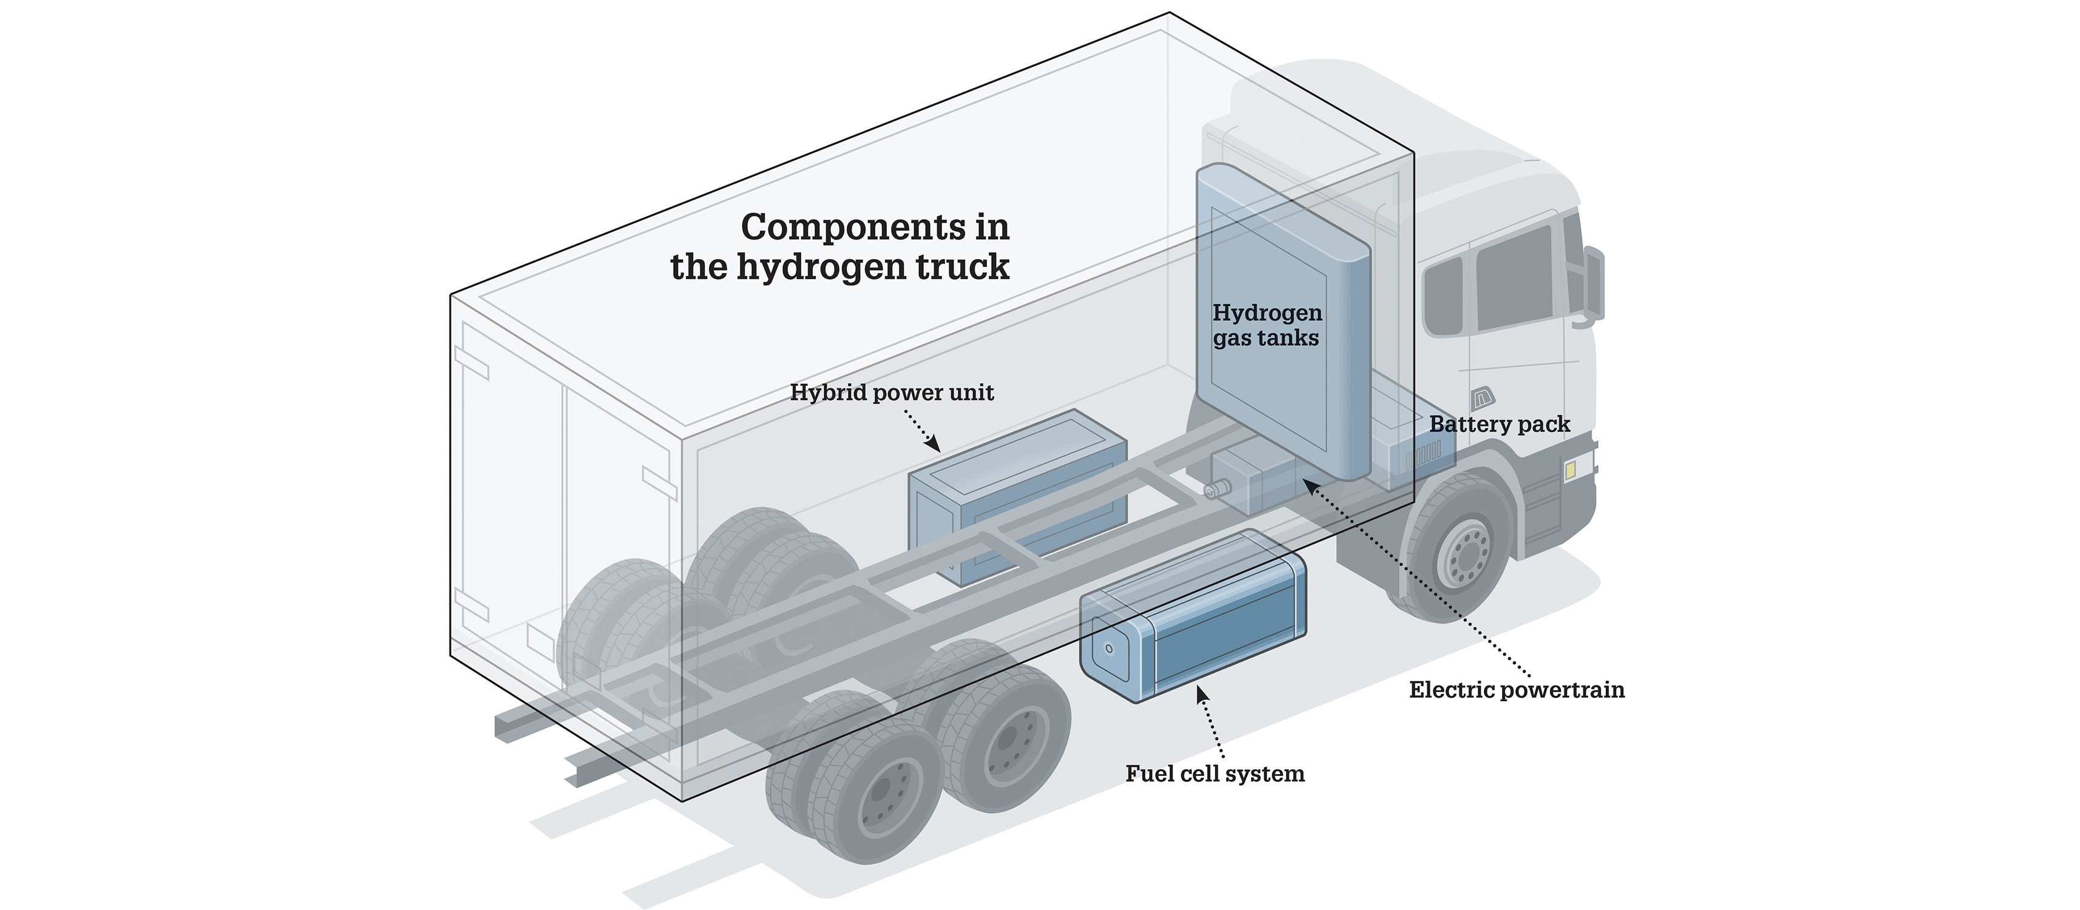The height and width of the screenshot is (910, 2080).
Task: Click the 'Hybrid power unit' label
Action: pyautogui.click(x=892, y=393)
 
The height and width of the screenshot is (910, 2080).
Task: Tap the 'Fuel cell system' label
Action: pyautogui.click(x=1214, y=773)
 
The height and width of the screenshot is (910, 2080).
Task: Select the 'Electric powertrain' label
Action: pyautogui.click(x=1516, y=690)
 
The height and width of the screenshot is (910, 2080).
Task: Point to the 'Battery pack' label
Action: pyautogui.click(x=1499, y=424)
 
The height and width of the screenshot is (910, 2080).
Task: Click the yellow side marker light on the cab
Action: pyautogui.click(x=1570, y=470)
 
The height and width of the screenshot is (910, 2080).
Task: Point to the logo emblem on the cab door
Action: pyautogui.click(x=1483, y=397)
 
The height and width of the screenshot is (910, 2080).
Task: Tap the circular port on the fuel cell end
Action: pyautogui.click(x=1107, y=649)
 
